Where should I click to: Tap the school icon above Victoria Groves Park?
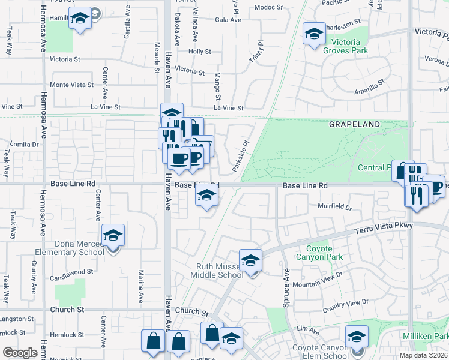coord(313,34)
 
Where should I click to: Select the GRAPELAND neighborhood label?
coord(354,124)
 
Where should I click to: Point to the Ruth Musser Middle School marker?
coord(250,261)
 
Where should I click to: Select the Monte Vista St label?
coord(72,85)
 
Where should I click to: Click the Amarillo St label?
coord(369,89)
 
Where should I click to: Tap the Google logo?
coord(20,353)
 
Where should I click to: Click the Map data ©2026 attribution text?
coord(423,355)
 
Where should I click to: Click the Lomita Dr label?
coord(24,145)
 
